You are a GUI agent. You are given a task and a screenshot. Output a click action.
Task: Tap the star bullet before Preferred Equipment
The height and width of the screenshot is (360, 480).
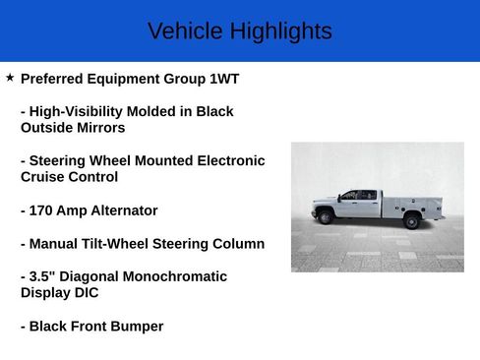pos(10,77)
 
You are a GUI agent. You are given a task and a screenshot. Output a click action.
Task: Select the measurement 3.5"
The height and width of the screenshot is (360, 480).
pos(43,276)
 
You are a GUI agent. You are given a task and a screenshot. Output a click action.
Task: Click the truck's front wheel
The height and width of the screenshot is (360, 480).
pos(326,217)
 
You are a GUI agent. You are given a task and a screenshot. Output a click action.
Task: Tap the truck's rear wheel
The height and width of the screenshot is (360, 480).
pos(411,221)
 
